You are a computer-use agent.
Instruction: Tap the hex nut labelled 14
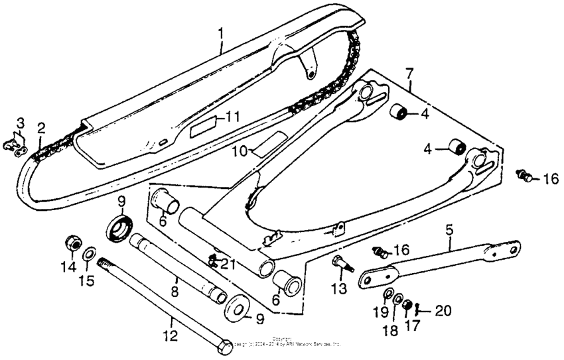pos(71,243)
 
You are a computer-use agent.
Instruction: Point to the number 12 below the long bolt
pos(171,337)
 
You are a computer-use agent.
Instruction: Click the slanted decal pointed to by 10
pos(273,142)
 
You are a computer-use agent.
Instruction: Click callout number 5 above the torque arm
pos(449,231)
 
